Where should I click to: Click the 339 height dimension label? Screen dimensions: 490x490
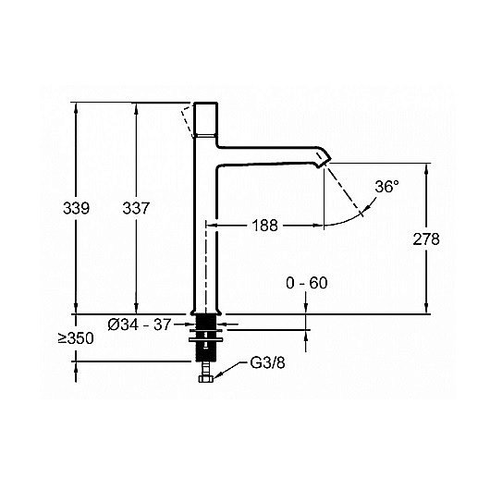click(76, 208)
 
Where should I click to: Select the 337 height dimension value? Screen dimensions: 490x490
click(136, 208)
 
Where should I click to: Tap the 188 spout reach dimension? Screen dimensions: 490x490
click(264, 225)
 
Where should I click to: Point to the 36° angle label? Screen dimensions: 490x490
click(386, 187)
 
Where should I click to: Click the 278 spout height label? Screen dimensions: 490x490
click(426, 239)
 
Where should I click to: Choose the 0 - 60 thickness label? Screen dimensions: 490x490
click(307, 283)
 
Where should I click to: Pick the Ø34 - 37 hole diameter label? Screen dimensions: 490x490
click(140, 325)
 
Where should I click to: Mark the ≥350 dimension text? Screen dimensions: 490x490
click(76, 338)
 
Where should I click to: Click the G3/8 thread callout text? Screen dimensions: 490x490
click(267, 363)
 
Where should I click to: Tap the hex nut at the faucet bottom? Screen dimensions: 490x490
click(206, 379)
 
